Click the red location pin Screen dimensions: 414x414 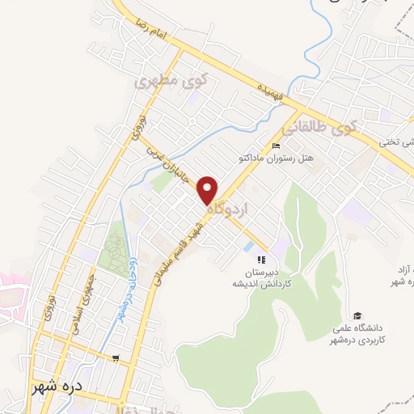(209, 189)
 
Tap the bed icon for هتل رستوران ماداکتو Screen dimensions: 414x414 (276, 146)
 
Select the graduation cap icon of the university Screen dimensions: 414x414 (357, 315)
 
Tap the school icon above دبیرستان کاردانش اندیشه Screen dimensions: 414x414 (260, 260)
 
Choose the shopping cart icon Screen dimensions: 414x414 (118, 357)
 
